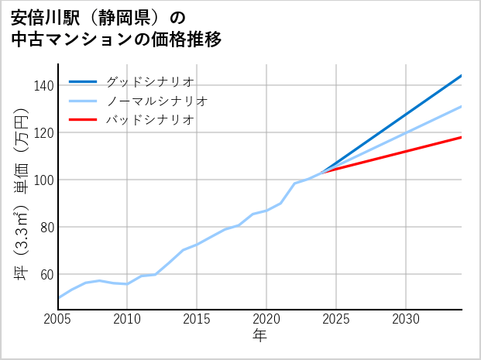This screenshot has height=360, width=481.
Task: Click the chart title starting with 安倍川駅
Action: pos(116,29)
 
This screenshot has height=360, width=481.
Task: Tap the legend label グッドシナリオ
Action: pos(149,81)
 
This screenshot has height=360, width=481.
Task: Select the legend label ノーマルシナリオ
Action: pos(156,101)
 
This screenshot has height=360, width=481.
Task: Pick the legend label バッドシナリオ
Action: pos(149,120)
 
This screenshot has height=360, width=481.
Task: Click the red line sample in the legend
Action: pos(84,120)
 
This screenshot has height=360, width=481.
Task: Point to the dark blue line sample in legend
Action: pos(84,81)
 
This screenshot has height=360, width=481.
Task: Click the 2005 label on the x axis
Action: pos(58,319)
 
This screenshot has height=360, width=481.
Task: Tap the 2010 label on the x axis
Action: pos(127,319)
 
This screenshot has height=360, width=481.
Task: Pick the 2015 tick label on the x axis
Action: pos(197,319)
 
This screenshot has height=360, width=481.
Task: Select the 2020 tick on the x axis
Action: pos(266,319)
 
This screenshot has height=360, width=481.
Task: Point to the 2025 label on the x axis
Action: pos(336,319)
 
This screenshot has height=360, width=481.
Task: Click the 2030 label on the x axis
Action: pos(406,319)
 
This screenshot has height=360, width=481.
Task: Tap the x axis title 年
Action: pos(260,335)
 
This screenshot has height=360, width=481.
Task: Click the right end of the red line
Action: pos(461,137)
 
